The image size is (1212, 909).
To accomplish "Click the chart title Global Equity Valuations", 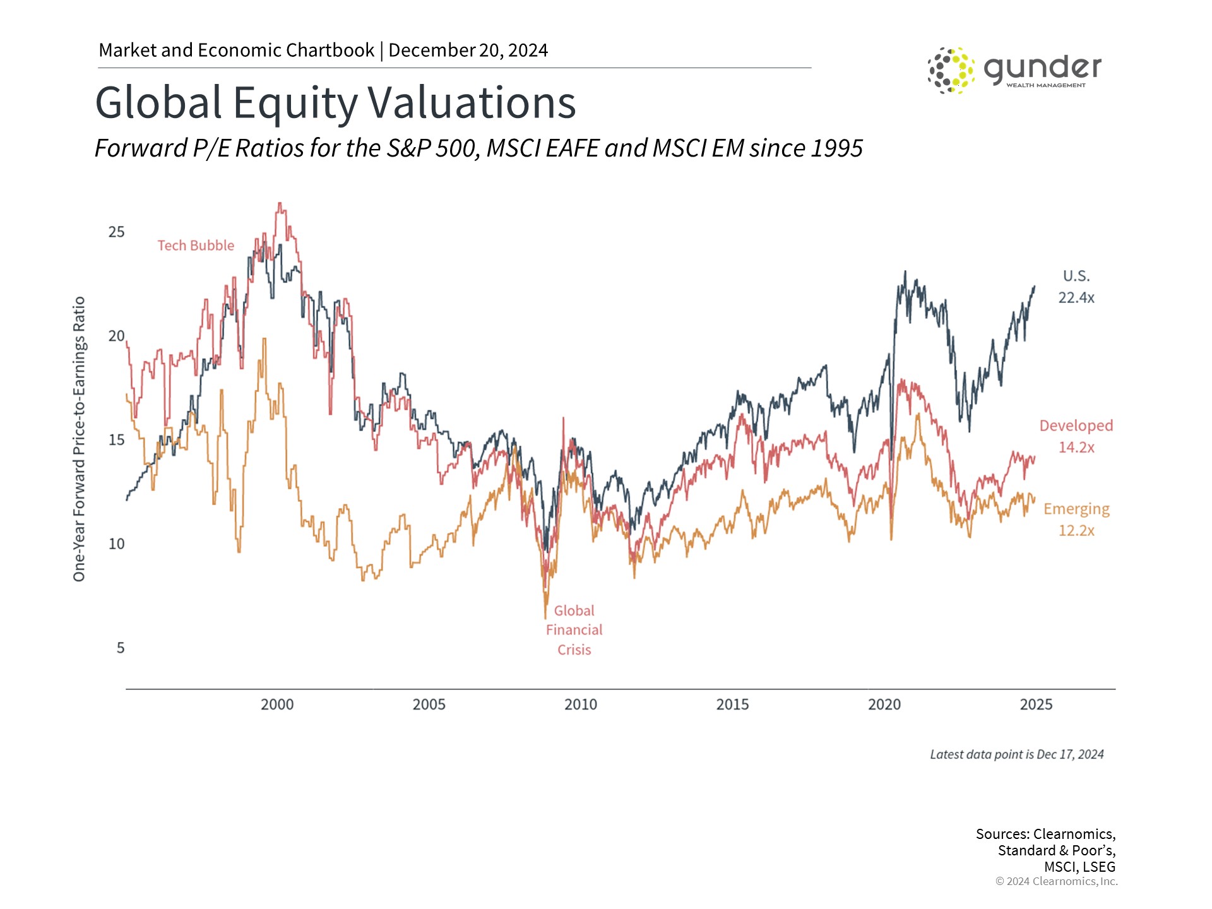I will click(335, 102).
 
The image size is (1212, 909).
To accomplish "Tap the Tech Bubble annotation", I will click(196, 246).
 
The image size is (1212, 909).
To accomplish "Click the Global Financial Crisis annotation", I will click(574, 630).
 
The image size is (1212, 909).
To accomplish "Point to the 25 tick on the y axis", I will click(116, 232).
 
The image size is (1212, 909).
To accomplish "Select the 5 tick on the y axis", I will click(121, 648).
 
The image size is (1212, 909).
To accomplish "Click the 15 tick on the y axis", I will click(116, 439).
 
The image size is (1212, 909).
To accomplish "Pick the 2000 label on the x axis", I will click(277, 704).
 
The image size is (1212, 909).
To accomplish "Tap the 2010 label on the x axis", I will click(580, 704).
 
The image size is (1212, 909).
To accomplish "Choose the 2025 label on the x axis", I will click(1036, 704).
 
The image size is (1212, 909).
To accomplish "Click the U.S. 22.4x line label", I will click(1076, 287).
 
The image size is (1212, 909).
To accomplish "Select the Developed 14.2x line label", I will click(1076, 436).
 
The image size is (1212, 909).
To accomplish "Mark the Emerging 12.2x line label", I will click(1076, 520).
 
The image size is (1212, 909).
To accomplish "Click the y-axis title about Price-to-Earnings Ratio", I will click(79, 439).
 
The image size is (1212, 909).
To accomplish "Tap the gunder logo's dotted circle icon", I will click(951, 70).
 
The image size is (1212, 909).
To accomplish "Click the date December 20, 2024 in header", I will click(468, 50).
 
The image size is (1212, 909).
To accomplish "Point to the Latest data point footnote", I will click(1016, 754).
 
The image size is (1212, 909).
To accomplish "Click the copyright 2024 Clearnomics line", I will click(1056, 881).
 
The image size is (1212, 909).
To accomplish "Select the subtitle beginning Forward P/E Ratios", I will click(478, 148).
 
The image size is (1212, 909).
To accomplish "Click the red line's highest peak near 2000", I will click(280, 204).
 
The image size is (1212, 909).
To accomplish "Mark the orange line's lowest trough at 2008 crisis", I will click(545, 617).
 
